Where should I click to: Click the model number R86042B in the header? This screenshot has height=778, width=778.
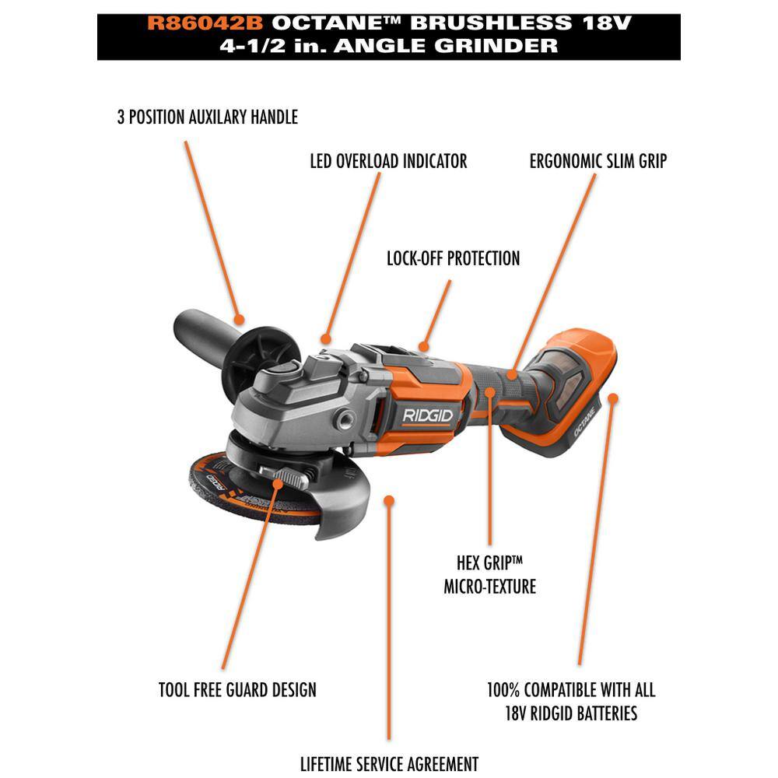[x=205, y=23]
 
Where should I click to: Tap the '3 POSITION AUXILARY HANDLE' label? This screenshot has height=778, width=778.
[x=208, y=117]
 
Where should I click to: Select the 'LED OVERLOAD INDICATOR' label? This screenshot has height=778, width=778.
[x=388, y=161]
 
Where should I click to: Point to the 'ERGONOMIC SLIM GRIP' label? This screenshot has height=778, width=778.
[x=598, y=161]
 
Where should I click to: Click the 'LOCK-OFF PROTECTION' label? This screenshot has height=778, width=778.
[x=453, y=258]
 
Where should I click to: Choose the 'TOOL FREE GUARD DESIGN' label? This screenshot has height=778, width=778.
[x=237, y=689]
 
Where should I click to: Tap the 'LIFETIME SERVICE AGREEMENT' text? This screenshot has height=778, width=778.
[x=390, y=764]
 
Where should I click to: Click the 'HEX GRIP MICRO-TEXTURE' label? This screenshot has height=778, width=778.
[x=489, y=575]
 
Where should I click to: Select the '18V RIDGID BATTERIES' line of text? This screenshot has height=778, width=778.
[x=571, y=713]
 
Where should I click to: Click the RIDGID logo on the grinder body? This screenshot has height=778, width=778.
[x=428, y=415]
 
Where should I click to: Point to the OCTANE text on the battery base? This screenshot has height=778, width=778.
[x=585, y=422]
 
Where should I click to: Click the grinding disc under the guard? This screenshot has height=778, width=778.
[x=248, y=491]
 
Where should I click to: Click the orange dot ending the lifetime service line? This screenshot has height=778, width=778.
[x=390, y=500]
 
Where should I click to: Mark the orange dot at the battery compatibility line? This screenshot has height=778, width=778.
[x=613, y=398]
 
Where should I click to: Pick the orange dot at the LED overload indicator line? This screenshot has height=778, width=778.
[x=325, y=339]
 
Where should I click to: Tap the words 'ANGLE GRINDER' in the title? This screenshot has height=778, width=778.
[x=446, y=46]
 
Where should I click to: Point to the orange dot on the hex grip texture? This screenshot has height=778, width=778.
[x=489, y=392]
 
